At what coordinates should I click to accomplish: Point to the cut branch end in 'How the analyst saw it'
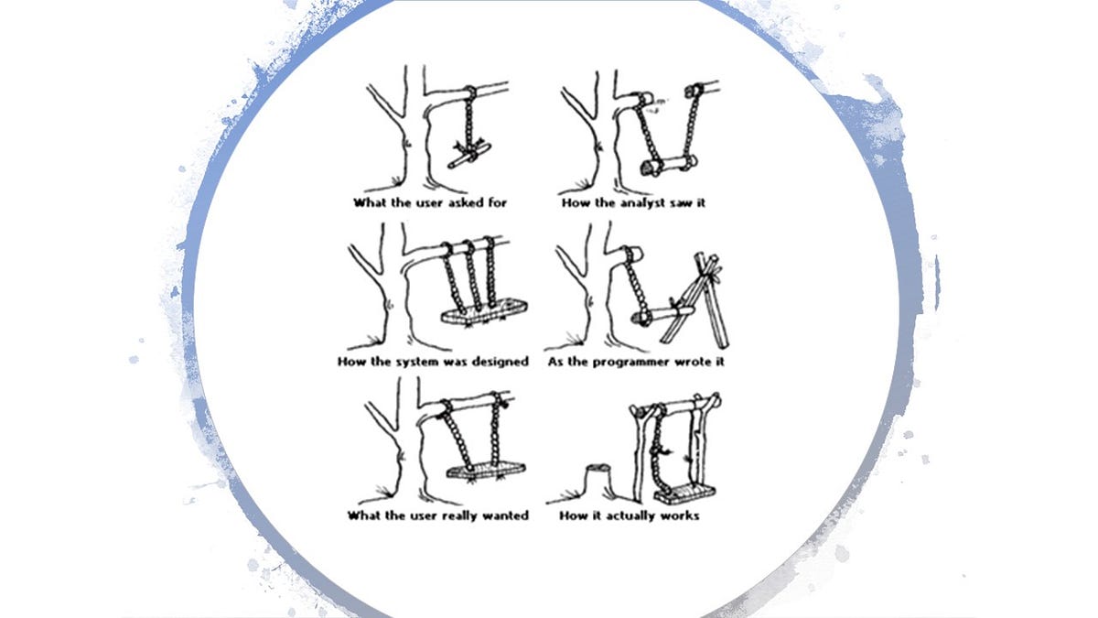640,98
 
